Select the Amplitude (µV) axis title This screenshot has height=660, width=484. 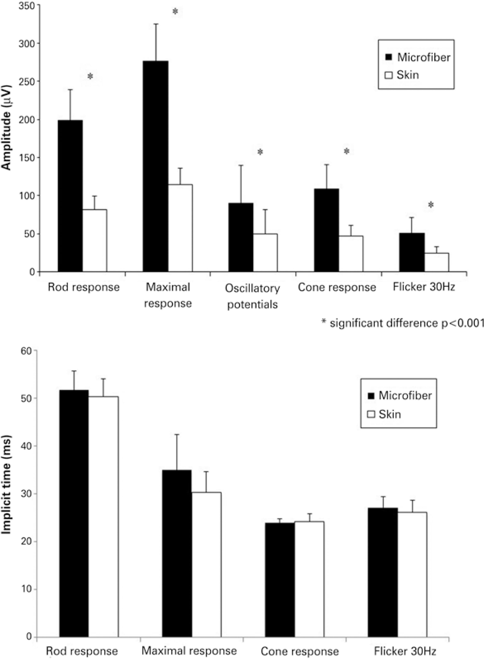[x=6, y=128]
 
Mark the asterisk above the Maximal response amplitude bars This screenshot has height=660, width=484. [x=175, y=12]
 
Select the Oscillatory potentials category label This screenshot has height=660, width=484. [x=252, y=296]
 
